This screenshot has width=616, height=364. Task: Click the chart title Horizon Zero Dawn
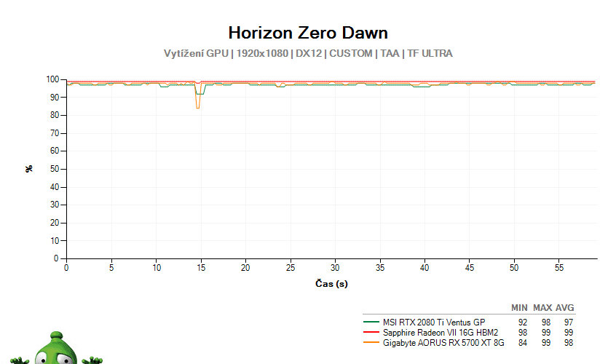point(308,33)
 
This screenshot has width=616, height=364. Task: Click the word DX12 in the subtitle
point(309,53)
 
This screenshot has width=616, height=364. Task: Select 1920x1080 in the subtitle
point(262,53)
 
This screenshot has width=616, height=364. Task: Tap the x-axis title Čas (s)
point(331,283)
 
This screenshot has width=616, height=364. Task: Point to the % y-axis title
point(29,169)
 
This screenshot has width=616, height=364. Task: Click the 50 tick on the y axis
point(55,169)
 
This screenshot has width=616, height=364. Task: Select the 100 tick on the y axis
point(52,79)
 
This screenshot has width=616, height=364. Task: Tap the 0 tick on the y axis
point(56,258)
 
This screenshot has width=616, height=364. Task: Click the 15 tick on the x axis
point(201,268)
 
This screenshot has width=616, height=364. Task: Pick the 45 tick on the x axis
point(470,268)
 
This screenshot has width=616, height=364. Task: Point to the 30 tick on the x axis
point(335,268)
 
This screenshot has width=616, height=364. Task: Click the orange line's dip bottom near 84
point(198,108)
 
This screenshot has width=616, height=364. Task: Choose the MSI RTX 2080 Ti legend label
point(434,323)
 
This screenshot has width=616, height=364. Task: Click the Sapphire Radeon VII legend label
point(441,333)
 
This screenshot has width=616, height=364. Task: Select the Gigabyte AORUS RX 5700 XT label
point(443,343)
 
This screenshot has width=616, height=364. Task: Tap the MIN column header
point(519,308)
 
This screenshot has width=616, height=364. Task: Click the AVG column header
point(564,308)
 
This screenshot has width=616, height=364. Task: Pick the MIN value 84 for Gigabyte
point(523,343)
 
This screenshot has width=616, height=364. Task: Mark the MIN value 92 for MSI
point(523,323)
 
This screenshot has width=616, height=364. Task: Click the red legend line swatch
point(371,333)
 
